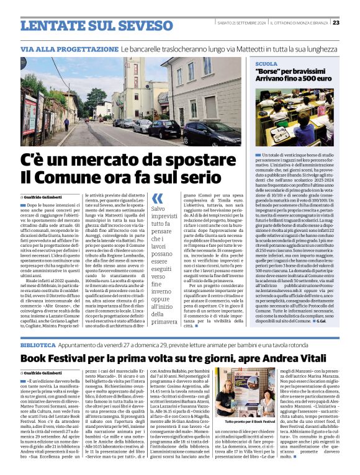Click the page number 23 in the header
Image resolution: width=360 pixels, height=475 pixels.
353,23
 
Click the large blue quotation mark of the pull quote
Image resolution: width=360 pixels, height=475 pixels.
158,198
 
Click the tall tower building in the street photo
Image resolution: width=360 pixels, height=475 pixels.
135,87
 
